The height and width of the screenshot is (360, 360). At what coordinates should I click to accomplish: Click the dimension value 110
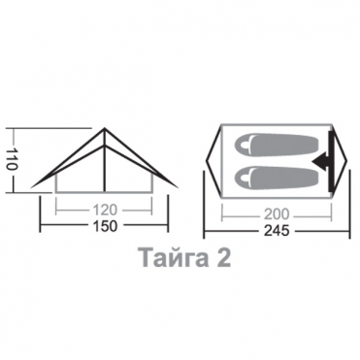click(x=12, y=160)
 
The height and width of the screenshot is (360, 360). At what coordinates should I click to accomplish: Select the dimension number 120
click(x=105, y=211)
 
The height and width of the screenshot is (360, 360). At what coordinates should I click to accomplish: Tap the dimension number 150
click(x=105, y=226)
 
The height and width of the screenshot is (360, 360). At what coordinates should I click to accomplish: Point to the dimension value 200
click(x=277, y=214)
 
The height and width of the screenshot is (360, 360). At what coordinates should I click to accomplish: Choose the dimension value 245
click(x=277, y=231)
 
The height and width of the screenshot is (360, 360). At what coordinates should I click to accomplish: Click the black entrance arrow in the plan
click(x=321, y=160)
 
